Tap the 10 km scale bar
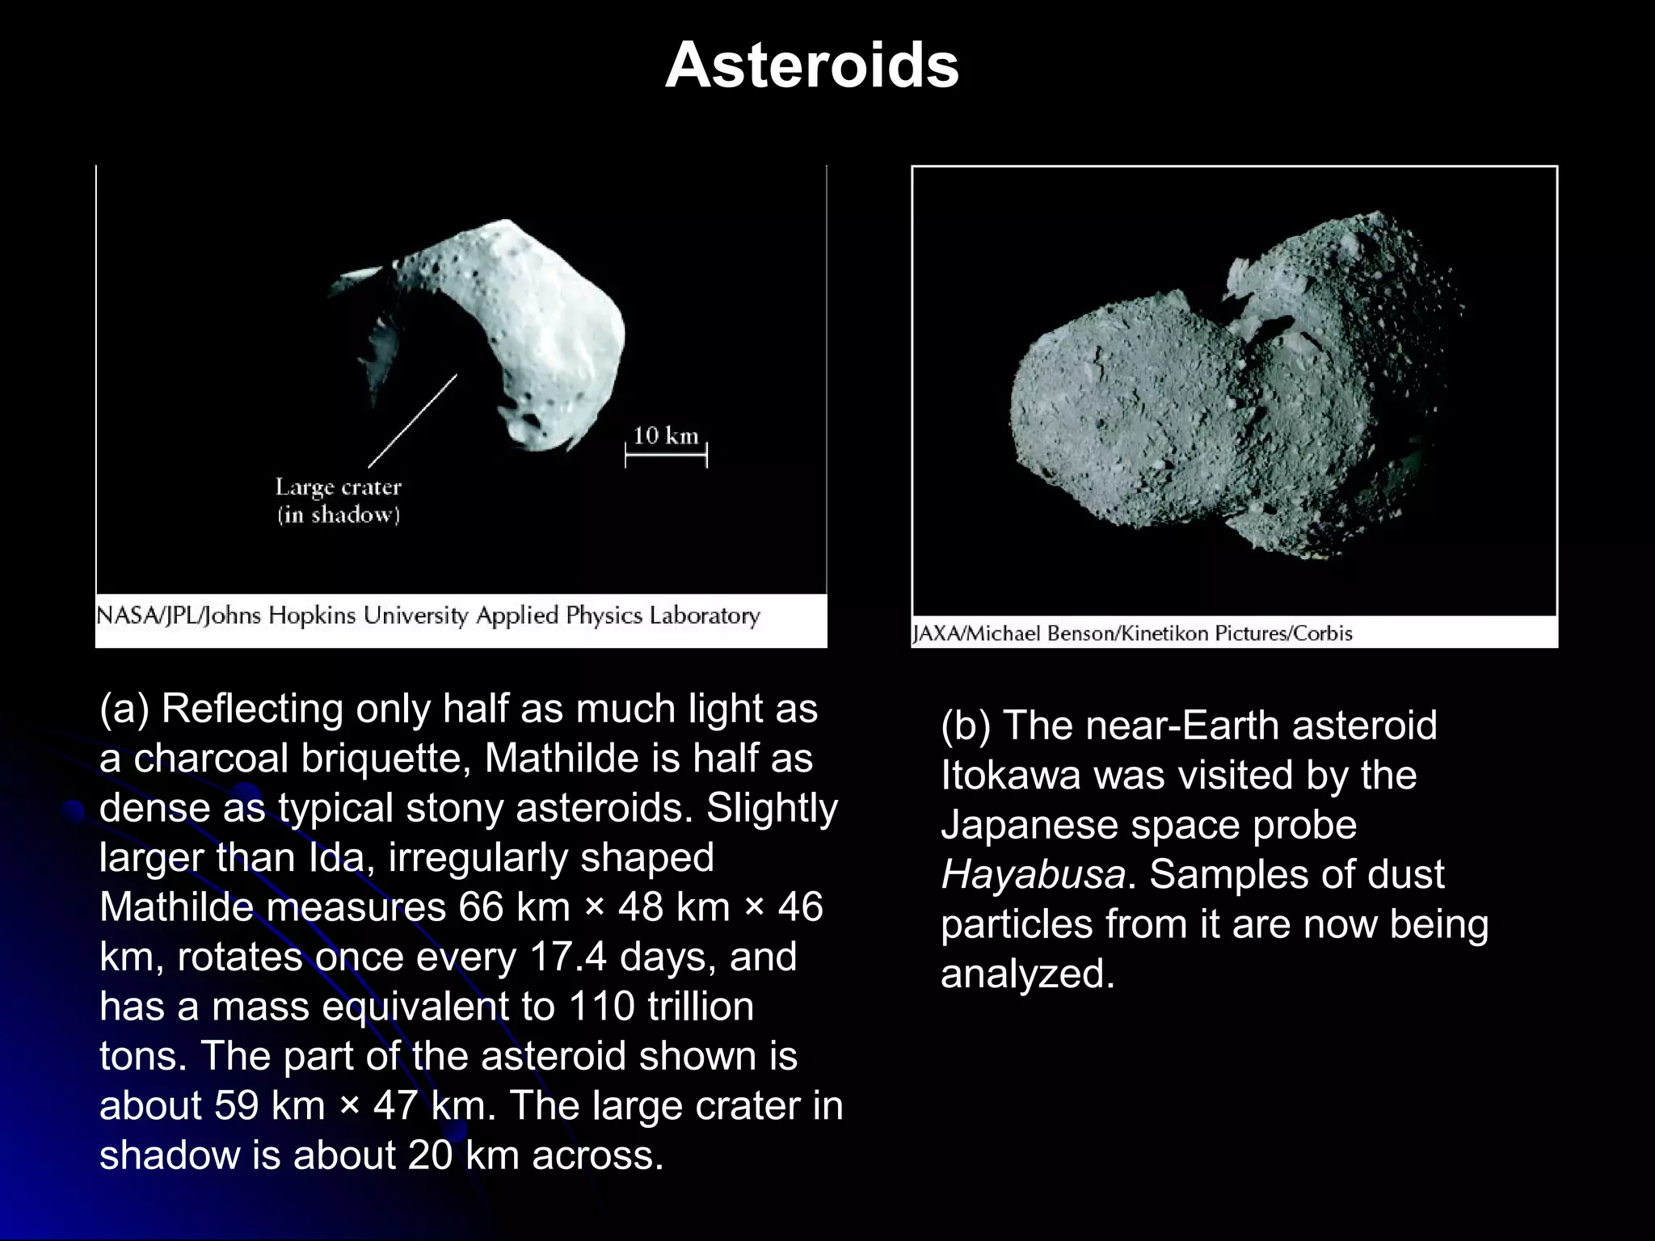[666, 455]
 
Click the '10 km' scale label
[665, 435]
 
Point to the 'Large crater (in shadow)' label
[339, 501]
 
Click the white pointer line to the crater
[412, 422]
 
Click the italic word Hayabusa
[1033, 874]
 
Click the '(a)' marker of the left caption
[124, 709]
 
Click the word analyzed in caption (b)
[1027, 974]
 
